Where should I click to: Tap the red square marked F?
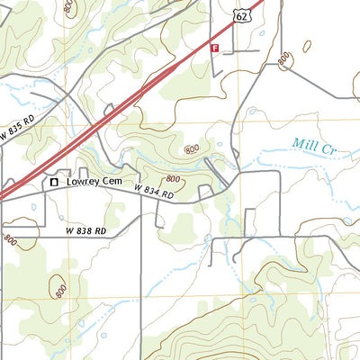214,48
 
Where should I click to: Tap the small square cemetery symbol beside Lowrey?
53,181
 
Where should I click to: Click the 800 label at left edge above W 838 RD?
10,240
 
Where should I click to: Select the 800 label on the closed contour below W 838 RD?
60,290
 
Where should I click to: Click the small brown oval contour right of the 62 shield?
307,44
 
